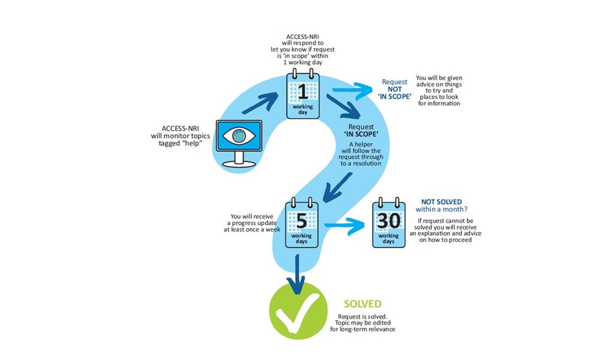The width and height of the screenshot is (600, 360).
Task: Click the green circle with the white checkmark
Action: tap(294, 313)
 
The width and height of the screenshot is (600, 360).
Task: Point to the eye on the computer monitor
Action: tap(239, 136)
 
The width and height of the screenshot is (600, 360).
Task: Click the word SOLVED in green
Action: tap(362, 305)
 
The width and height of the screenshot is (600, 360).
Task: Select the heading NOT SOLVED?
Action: tap(441, 202)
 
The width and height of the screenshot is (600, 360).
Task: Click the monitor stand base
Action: tap(239, 163)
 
